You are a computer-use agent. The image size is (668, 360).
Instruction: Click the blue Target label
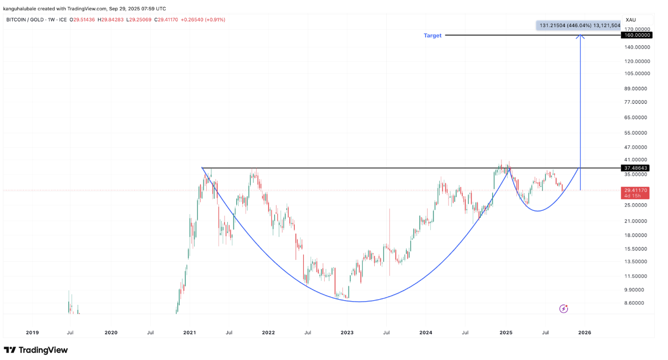tap(432, 36)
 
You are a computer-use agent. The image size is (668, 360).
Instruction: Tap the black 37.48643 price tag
tap(636, 168)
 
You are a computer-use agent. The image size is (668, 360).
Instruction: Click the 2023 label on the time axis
tap(347, 333)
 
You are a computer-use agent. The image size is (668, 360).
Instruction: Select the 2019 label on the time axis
tap(32, 333)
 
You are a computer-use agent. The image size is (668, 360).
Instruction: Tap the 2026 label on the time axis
tap(584, 333)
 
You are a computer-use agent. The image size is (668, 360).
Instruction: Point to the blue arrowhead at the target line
tap(581, 37)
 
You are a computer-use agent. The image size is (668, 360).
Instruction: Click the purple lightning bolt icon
tap(564, 309)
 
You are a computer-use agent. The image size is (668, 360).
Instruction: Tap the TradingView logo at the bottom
tap(36, 350)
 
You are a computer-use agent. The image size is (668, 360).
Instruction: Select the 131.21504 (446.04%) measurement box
tap(578, 26)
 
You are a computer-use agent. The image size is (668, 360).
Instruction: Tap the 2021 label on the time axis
tap(189, 333)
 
